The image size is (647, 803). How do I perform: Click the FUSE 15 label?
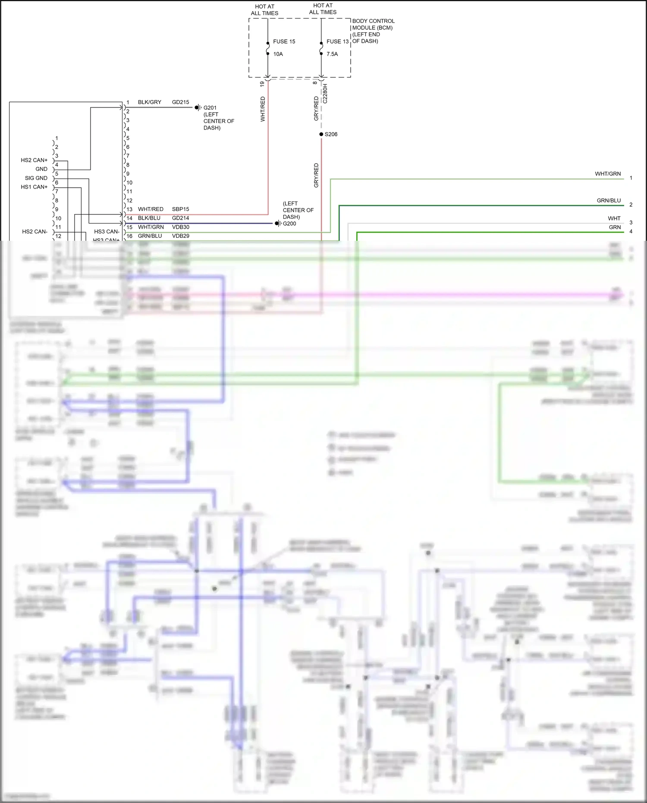284,41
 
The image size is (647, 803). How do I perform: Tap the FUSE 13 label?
337,41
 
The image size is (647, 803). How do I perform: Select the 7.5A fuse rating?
332,54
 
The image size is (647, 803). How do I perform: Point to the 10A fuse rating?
278,54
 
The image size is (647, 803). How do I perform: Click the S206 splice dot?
321,134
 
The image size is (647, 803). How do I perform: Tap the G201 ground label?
210,108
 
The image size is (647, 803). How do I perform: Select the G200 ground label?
289,224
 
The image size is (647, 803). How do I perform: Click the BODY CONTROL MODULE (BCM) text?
373,24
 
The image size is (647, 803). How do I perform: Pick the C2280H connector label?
325,94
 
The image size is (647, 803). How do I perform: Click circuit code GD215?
180,102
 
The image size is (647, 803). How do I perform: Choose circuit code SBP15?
180,209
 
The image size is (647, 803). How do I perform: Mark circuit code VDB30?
180,227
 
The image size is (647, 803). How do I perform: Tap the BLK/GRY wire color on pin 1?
149,102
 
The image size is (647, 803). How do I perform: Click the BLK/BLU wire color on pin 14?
149,218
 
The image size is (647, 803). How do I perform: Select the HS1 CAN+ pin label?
34,187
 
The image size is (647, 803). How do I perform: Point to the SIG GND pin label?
36,178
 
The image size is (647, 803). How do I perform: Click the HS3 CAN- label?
107,231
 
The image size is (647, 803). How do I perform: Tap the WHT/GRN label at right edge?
608,174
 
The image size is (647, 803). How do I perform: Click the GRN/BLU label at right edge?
609,201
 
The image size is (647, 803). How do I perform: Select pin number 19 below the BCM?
262,84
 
